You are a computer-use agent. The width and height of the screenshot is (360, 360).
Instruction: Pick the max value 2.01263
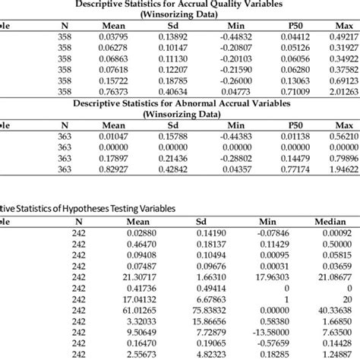[x=344, y=90]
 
